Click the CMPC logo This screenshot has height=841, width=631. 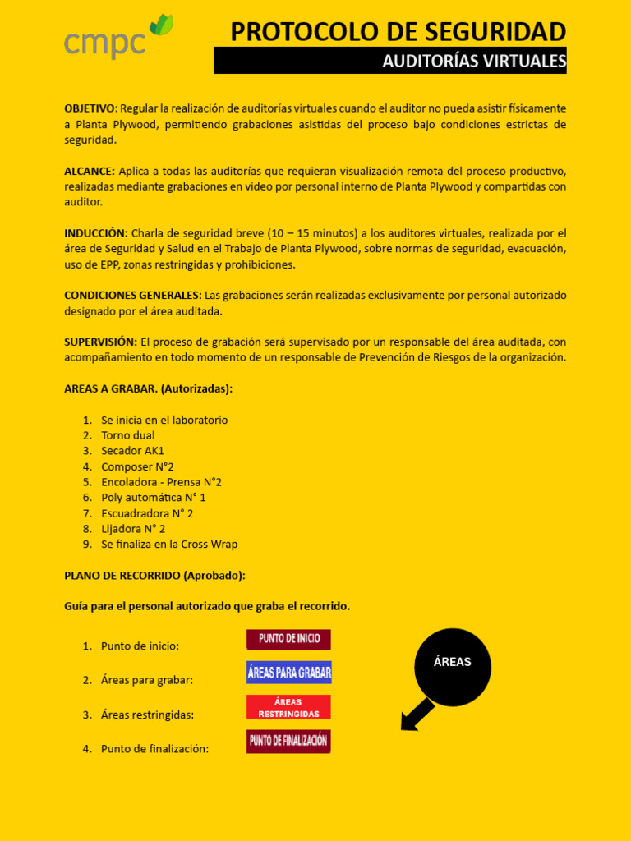click(x=118, y=39)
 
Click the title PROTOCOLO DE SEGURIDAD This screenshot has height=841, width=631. click(x=398, y=31)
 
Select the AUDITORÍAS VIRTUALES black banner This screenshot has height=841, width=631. click(x=390, y=61)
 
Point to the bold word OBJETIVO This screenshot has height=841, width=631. click(x=90, y=108)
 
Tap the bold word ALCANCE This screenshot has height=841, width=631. click(x=89, y=171)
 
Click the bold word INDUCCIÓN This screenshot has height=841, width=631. click(x=95, y=233)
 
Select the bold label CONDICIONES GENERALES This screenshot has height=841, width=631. click(x=132, y=295)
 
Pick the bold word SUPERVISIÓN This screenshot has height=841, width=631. click(x=100, y=342)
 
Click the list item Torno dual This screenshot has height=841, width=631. click(x=127, y=435)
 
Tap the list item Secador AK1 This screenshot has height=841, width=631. click(x=132, y=451)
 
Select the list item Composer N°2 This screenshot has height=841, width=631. click(x=137, y=466)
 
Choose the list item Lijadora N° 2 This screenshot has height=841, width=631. click(x=133, y=529)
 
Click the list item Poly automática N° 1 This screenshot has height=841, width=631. click(x=153, y=498)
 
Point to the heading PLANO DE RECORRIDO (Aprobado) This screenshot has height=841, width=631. click(x=154, y=576)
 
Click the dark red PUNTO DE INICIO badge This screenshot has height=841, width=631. click(x=288, y=639)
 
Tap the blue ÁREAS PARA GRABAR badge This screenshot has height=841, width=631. click(x=288, y=673)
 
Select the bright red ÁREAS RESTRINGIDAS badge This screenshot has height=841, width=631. click(x=288, y=707)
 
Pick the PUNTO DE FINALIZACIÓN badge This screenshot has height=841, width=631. click(x=288, y=741)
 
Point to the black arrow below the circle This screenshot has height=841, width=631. click(x=417, y=714)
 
